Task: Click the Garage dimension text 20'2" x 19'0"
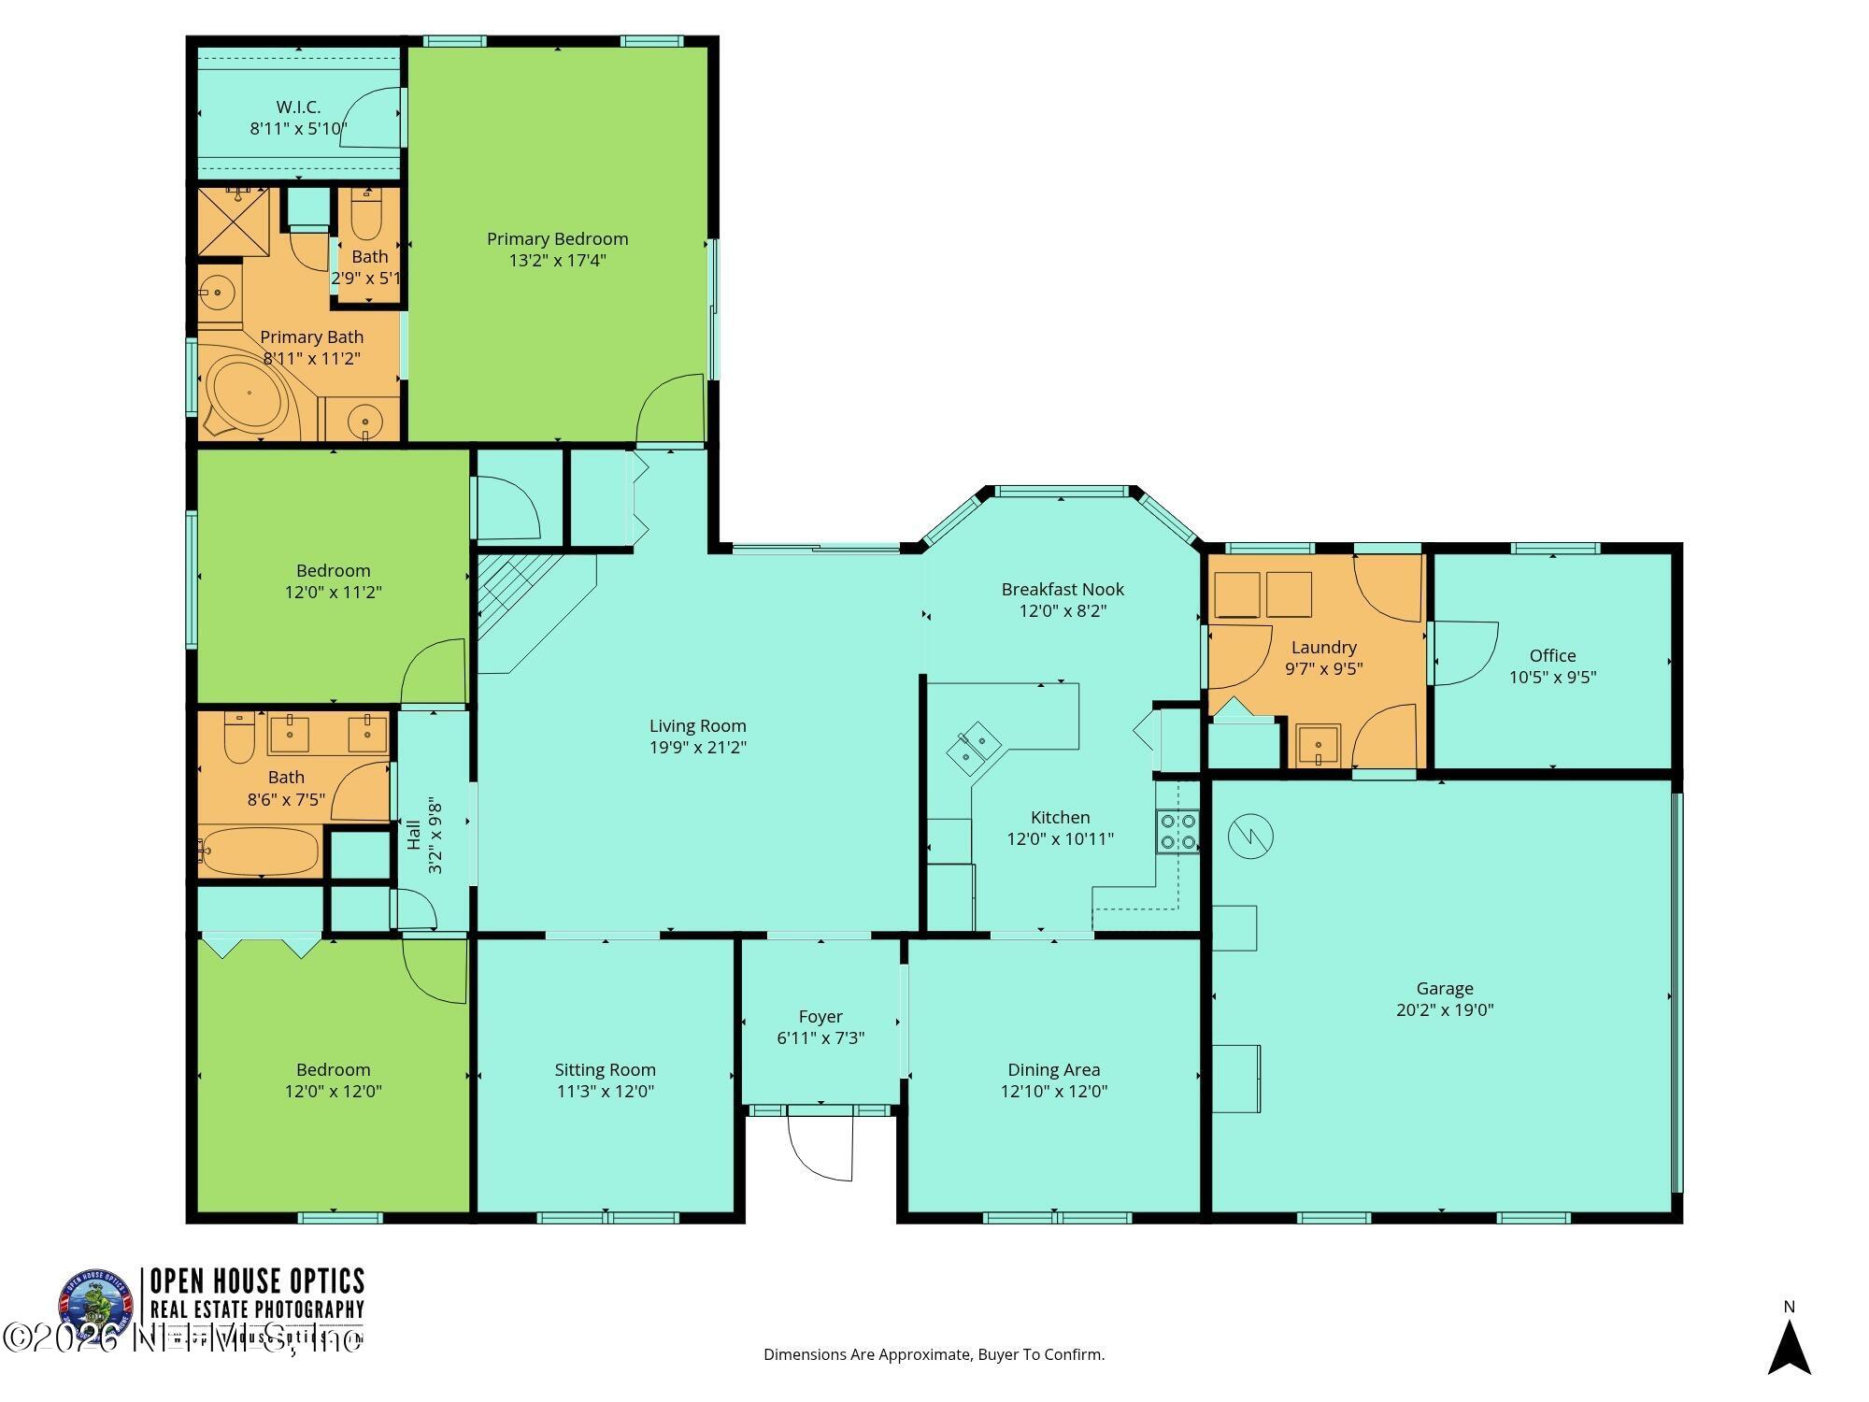click(x=1445, y=1009)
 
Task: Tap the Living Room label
click(x=697, y=726)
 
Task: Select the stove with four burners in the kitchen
click(x=1177, y=831)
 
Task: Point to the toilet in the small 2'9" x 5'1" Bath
click(x=367, y=214)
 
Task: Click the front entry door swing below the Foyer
click(x=820, y=1145)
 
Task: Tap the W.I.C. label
click(x=298, y=107)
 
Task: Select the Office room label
click(x=1552, y=655)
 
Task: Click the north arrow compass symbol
click(x=1789, y=1347)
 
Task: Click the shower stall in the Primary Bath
click(x=233, y=222)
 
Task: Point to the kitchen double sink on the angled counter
click(x=973, y=748)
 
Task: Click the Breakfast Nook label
click(x=1063, y=590)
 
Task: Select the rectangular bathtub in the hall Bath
click(x=259, y=851)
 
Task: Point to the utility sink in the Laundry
click(x=1318, y=745)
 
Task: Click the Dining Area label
click(x=1053, y=1069)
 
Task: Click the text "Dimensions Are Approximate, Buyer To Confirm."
click(x=934, y=1353)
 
